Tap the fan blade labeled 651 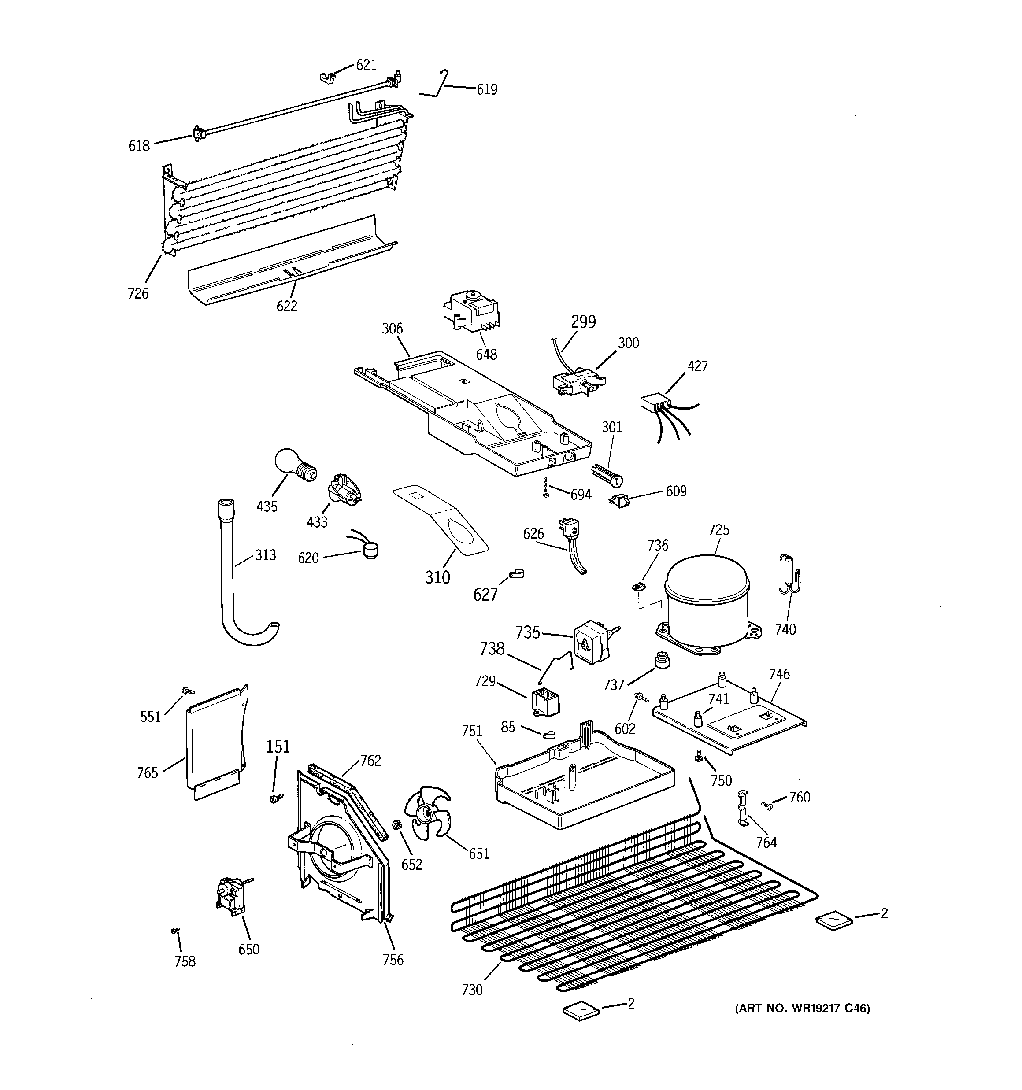[426, 819]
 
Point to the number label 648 [486, 355]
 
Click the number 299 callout [583, 322]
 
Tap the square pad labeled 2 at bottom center [581, 1009]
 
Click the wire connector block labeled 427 [655, 405]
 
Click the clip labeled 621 [327, 78]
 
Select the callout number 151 [278, 747]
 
